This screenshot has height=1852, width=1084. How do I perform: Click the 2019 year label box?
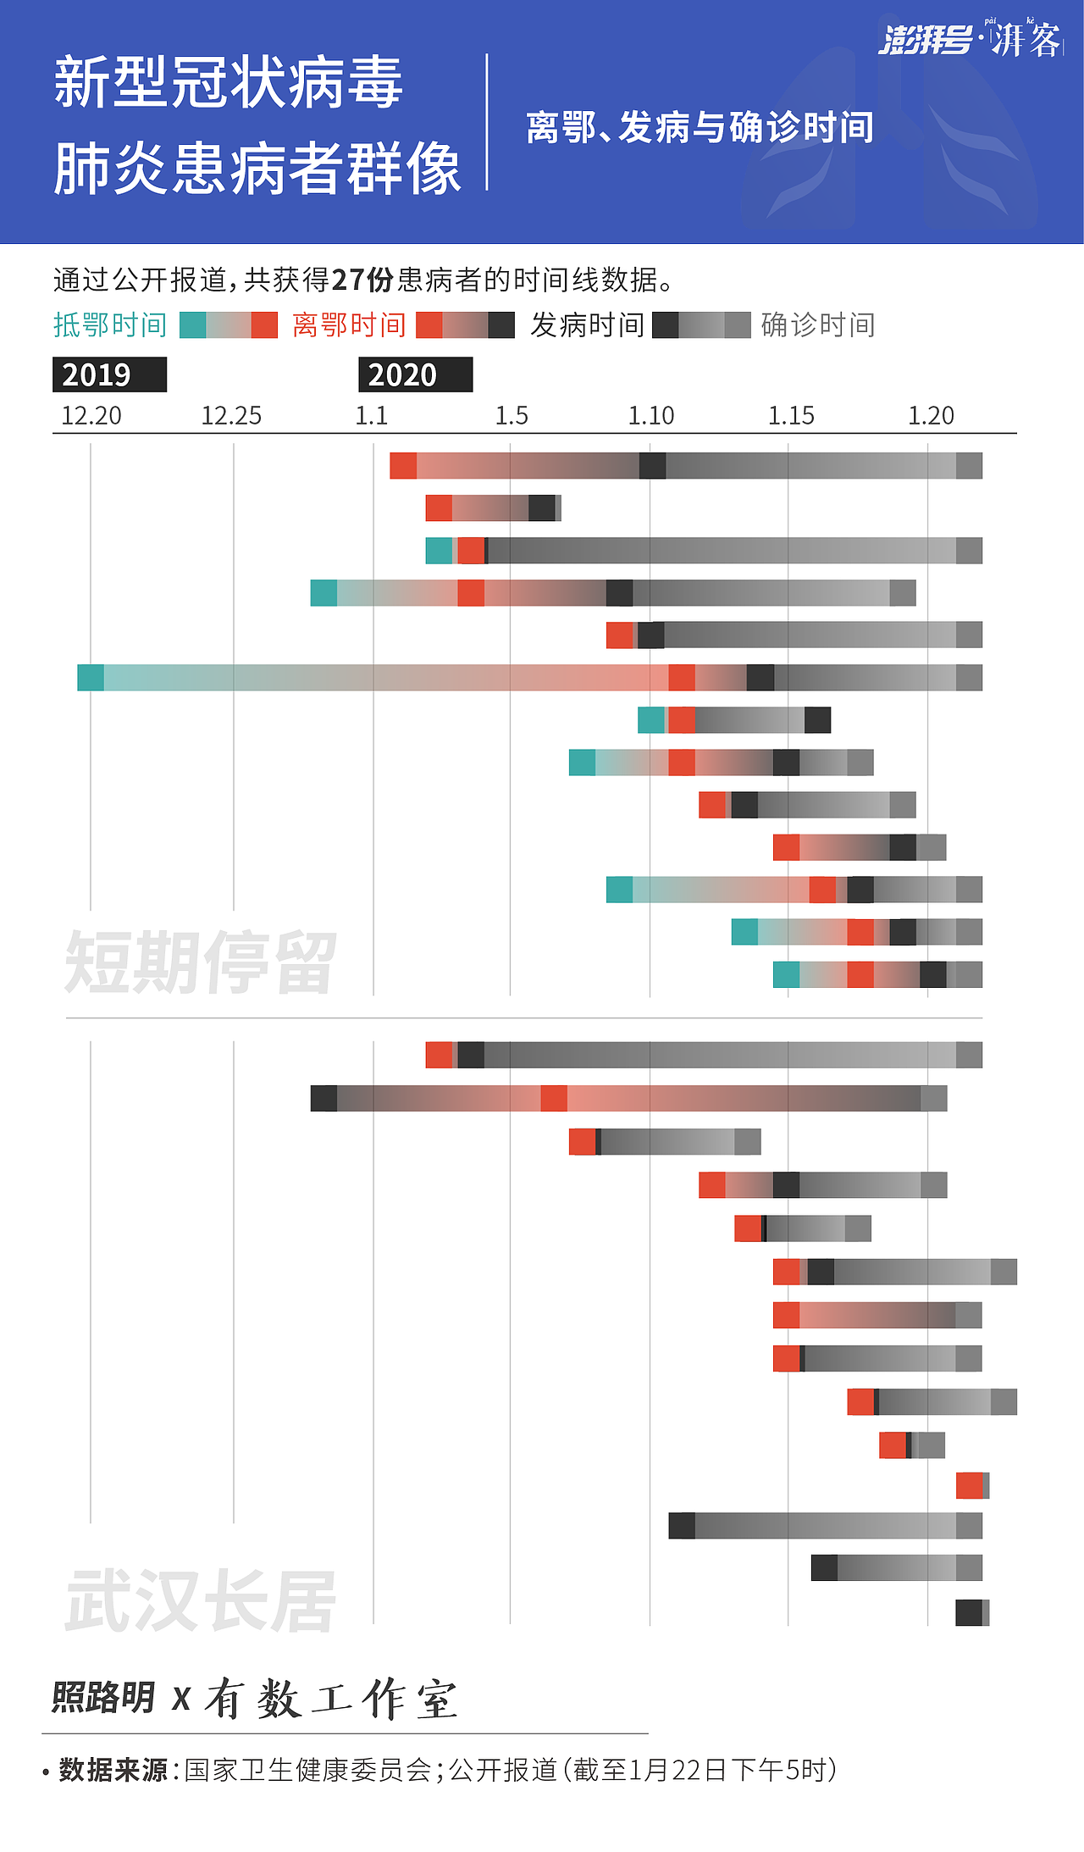pos(109,374)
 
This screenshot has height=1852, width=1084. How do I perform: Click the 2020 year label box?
pos(415,374)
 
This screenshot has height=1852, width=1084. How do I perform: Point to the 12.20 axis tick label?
pos(91,416)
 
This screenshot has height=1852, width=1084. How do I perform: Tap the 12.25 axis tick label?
pos(231,416)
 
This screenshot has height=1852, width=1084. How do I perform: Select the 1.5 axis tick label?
pos(512,416)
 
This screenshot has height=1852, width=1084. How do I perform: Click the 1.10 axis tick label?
pos(651,416)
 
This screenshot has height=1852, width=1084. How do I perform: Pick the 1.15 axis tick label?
pos(791,416)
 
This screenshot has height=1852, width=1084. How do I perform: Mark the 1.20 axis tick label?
pos(931,416)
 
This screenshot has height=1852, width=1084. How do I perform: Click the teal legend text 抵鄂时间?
pos(110,325)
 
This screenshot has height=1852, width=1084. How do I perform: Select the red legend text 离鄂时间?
pos(349,325)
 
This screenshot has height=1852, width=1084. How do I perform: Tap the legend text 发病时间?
pos(587,325)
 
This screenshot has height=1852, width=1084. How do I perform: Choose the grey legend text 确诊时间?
pos(818,325)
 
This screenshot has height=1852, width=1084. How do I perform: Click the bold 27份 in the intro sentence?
pos(362,280)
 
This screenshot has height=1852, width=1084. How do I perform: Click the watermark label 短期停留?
pos(201,962)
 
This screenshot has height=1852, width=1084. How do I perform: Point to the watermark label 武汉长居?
pos(201,1601)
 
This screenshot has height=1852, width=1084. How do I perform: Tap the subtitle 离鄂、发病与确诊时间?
pos(700,128)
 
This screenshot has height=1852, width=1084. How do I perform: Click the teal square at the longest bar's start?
pos(91,678)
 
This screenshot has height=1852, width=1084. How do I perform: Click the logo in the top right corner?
pos(970,39)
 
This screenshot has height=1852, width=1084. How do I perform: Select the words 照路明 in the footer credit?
pos(103,1698)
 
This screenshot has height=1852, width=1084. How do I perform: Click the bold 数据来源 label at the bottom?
pos(113,1770)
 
